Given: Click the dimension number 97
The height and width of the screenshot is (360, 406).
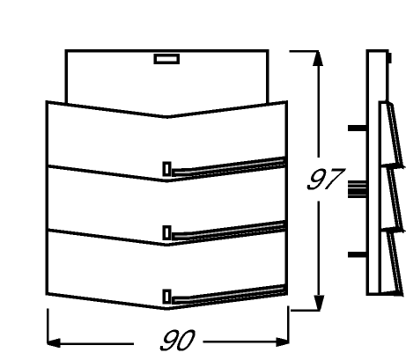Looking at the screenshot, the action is [324, 179].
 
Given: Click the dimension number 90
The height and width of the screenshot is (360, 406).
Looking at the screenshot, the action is [178, 341].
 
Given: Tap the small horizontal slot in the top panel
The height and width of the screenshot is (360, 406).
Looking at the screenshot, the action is [166, 59].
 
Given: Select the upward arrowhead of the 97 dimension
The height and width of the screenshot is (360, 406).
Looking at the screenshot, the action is [318, 58].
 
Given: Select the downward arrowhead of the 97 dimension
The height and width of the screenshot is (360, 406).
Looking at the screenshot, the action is [319, 303].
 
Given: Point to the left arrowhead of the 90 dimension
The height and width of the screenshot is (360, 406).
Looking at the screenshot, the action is [54, 342].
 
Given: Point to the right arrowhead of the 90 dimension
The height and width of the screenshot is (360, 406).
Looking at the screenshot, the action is [283, 342].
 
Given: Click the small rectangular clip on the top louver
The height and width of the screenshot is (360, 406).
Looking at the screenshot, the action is [166, 169].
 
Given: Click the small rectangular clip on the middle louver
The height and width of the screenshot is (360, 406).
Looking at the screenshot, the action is [166, 233].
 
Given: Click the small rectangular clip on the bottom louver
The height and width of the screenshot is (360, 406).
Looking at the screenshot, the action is [166, 297].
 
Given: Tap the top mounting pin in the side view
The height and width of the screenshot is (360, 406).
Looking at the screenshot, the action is [358, 129].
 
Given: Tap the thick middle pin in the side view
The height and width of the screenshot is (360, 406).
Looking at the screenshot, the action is [358, 189].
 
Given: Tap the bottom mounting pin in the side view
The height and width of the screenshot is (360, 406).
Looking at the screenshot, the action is [358, 254].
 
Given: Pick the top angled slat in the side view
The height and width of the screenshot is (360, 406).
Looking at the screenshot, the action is [395, 135].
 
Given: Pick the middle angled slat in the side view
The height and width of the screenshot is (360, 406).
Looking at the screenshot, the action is [395, 200].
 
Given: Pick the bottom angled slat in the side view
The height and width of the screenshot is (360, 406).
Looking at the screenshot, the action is [395, 262].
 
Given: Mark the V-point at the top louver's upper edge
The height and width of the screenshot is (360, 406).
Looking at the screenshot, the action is [166, 117].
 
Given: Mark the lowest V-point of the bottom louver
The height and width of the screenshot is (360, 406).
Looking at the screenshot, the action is [166, 309].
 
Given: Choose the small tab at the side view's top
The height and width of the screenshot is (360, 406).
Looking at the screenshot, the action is [389, 58].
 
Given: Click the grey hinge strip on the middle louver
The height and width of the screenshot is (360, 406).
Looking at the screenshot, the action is [228, 231].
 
